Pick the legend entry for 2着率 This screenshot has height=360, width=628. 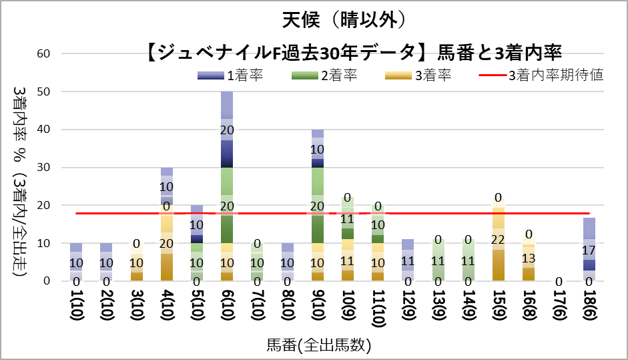pos(323,75)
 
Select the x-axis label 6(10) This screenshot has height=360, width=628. pos(227,311)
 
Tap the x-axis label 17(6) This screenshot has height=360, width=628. pos(552,311)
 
